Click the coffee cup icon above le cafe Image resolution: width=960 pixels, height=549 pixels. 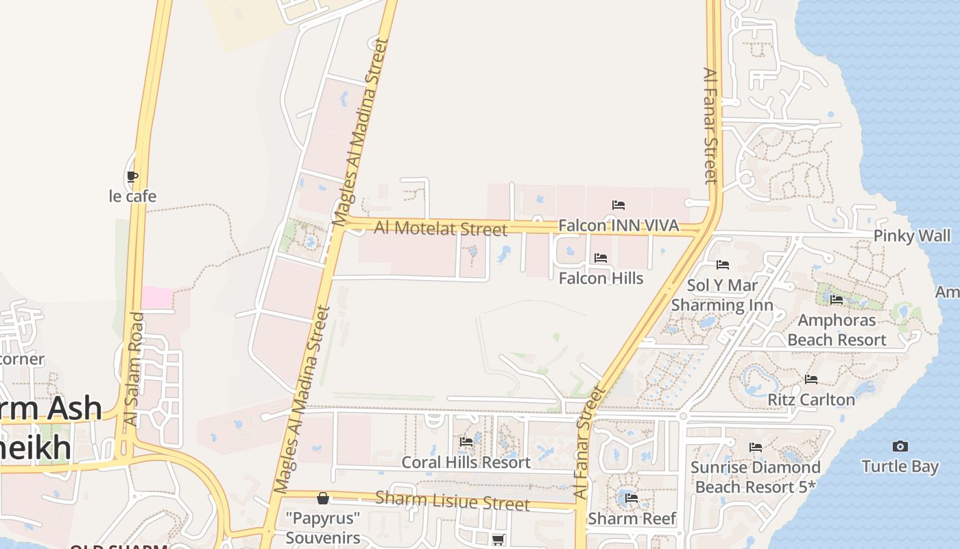pyautogui.click(x=133, y=177)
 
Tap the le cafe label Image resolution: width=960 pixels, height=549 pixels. pyautogui.click(x=133, y=196)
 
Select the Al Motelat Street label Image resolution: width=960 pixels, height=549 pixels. pyautogui.click(x=441, y=228)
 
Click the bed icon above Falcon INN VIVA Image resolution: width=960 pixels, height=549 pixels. pyautogui.click(x=619, y=205)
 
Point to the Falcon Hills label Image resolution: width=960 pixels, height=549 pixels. pyautogui.click(x=601, y=278)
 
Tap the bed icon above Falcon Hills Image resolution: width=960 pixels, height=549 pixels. pyautogui.click(x=601, y=258)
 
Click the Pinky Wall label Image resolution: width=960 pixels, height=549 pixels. pyautogui.click(x=912, y=236)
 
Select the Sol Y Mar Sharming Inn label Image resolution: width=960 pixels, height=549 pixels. pyautogui.click(x=722, y=295)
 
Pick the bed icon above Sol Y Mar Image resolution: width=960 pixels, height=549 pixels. pyautogui.click(x=722, y=265)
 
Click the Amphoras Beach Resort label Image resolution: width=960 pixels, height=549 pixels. pyautogui.click(x=837, y=330)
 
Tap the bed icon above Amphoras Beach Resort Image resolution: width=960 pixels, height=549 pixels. pyautogui.click(x=837, y=300)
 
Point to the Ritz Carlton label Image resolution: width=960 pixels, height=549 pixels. pyautogui.click(x=811, y=399)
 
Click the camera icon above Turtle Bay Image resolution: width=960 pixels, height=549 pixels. pyautogui.click(x=900, y=447)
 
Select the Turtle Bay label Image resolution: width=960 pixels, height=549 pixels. pyautogui.click(x=900, y=467)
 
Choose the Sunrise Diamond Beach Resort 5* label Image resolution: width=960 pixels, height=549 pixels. pyautogui.click(x=755, y=477)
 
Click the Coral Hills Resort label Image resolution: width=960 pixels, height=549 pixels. pyautogui.click(x=466, y=463)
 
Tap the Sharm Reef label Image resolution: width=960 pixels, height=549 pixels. pyautogui.click(x=632, y=518)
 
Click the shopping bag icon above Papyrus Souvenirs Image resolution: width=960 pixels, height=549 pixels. pyautogui.click(x=323, y=498)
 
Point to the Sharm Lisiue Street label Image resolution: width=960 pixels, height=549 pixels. pyautogui.click(x=453, y=501)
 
